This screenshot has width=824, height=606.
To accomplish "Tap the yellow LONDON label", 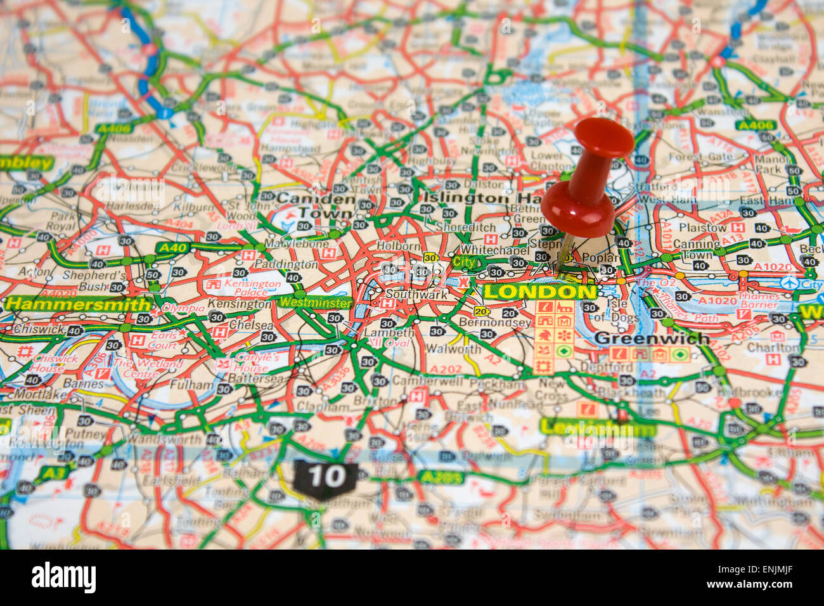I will [x=539, y=292].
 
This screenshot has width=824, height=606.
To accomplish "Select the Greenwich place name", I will [x=652, y=338].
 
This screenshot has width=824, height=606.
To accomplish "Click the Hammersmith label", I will [x=77, y=304].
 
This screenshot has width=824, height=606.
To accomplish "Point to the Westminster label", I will [x=315, y=302].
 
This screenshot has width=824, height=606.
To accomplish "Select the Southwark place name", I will [x=416, y=295].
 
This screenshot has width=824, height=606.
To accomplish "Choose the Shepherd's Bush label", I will [x=94, y=281].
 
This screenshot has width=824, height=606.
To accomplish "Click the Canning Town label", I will [x=697, y=249].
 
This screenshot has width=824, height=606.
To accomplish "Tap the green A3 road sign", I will [x=54, y=472].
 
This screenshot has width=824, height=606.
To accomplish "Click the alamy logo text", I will [x=63, y=577].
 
